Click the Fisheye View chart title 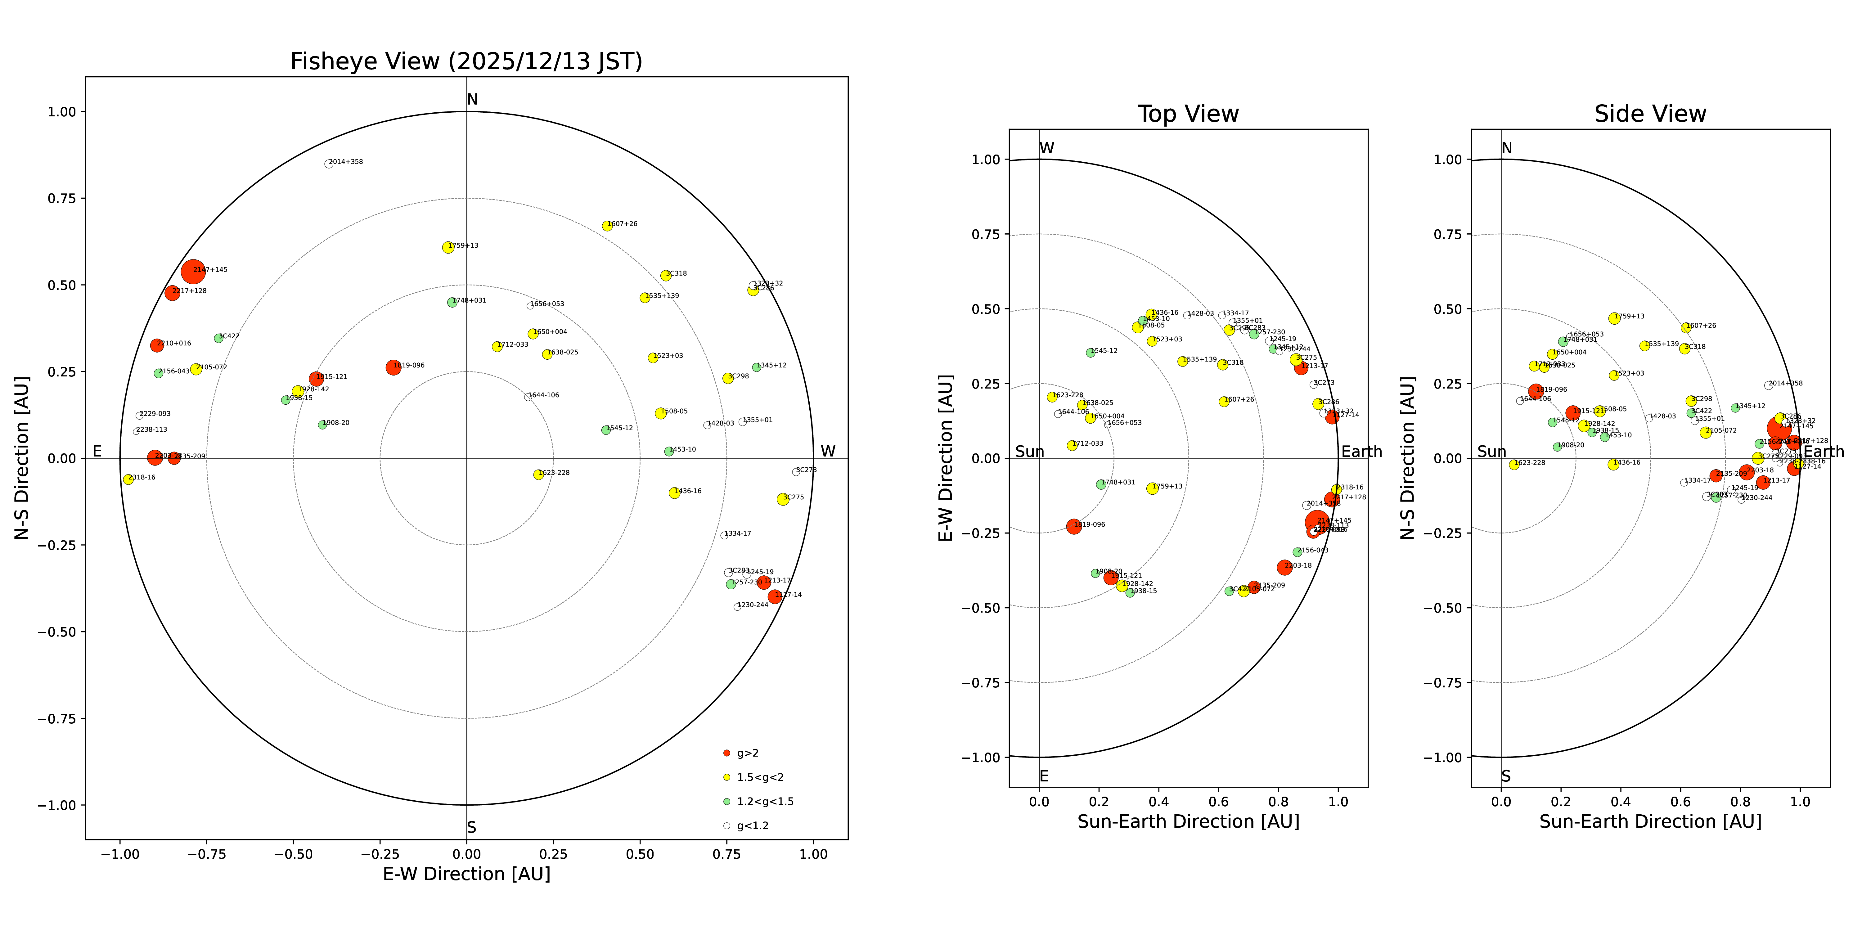466,61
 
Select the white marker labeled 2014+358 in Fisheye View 328,164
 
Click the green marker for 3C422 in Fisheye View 218,338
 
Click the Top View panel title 1188,114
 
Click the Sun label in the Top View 1029,452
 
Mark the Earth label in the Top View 1361,452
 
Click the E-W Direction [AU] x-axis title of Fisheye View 466,874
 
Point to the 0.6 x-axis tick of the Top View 1219,802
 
